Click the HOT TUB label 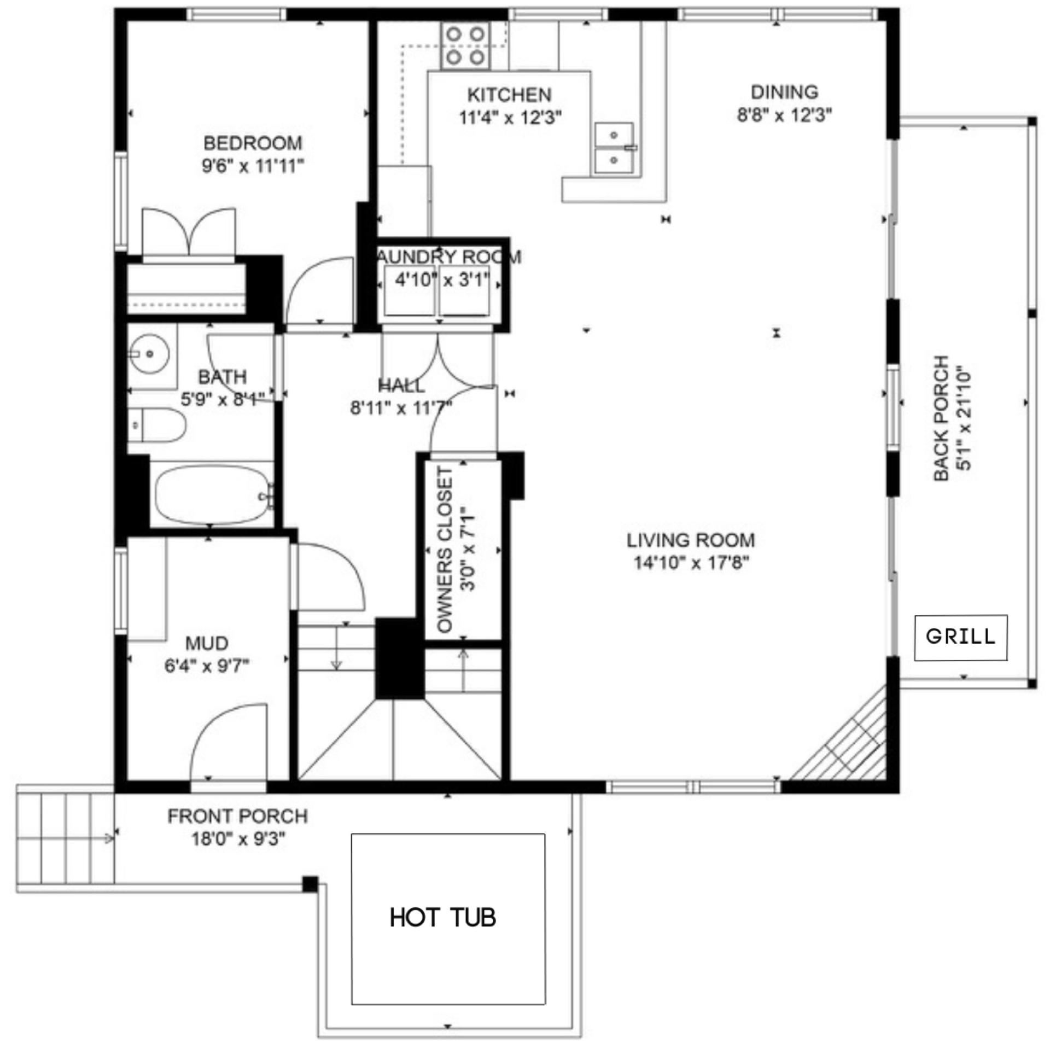click(x=442, y=917)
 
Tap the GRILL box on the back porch click(x=961, y=638)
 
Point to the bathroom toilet click(x=156, y=425)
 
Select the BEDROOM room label click(x=253, y=143)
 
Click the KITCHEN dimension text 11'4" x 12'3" click(x=510, y=118)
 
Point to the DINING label click(x=784, y=92)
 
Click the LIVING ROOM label click(x=691, y=540)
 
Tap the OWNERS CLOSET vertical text click(x=446, y=550)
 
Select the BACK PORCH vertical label click(x=941, y=418)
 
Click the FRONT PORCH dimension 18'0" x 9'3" click(x=238, y=839)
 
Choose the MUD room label click(x=207, y=643)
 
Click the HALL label click(x=401, y=386)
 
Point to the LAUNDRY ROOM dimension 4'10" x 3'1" click(x=441, y=281)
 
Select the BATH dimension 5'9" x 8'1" click(x=223, y=399)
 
